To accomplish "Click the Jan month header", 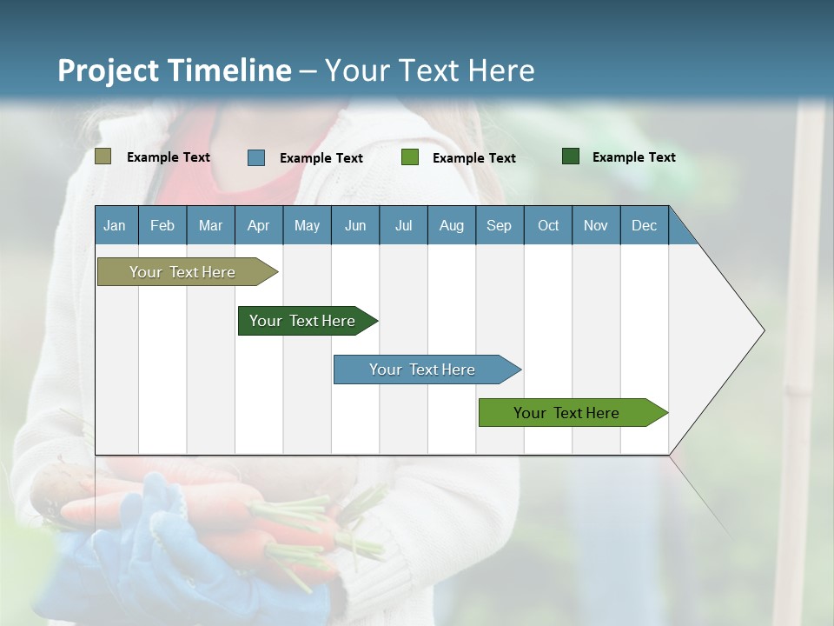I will (x=115, y=225).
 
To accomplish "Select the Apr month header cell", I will (x=258, y=225).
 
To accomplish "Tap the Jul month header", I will (x=403, y=225).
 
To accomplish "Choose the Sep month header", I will (x=499, y=225).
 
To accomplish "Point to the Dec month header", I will (x=644, y=225).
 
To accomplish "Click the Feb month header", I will (x=162, y=225).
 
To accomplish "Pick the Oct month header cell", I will (x=548, y=225).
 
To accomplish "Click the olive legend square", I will (x=103, y=156).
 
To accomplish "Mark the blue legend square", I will (x=256, y=157).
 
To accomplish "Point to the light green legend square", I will (x=410, y=157).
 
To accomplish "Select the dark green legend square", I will (x=571, y=156).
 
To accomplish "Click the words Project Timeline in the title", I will (x=174, y=70).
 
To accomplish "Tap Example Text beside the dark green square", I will (x=633, y=157).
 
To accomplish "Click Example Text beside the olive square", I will (x=169, y=157).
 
